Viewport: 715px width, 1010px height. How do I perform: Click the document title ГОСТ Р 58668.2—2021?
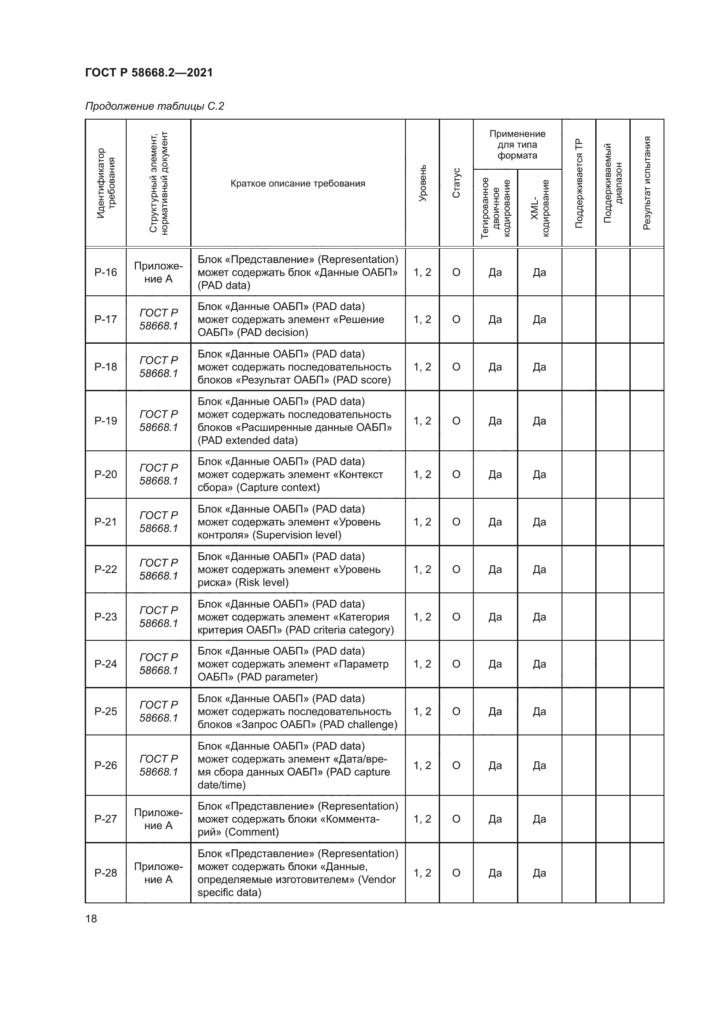[x=149, y=73]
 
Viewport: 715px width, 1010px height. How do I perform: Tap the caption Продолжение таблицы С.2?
[x=154, y=106]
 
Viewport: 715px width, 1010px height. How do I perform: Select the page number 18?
[x=91, y=918]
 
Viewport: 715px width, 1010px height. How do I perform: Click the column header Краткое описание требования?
[x=297, y=184]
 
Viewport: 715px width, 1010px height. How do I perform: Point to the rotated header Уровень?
[x=422, y=183]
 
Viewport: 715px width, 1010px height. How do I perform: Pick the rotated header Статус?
[x=456, y=183]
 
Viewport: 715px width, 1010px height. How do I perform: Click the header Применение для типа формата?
[x=517, y=144]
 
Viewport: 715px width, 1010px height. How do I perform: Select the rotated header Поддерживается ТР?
[x=578, y=183]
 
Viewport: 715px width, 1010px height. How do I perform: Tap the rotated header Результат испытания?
[x=646, y=183]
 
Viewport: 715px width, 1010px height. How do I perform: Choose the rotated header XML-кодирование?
[x=540, y=208]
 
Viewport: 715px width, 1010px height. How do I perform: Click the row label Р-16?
[x=105, y=272]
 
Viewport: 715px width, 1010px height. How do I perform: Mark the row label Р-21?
[x=105, y=522]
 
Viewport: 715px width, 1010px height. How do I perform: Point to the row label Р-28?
[x=105, y=873]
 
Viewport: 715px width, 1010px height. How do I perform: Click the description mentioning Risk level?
[x=289, y=569]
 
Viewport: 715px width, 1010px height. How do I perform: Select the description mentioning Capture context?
[x=290, y=474]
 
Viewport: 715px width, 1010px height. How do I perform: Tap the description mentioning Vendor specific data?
[x=297, y=873]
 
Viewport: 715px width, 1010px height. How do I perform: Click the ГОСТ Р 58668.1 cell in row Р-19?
[x=159, y=421]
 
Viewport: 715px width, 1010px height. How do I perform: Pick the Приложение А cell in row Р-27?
[x=159, y=819]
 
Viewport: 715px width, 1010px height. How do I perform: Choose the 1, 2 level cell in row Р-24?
[x=422, y=664]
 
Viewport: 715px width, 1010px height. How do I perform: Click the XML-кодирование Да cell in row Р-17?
[x=539, y=320]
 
